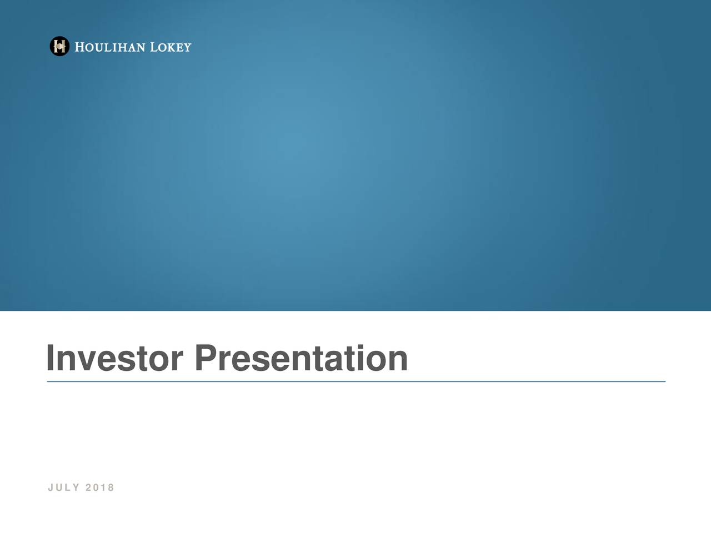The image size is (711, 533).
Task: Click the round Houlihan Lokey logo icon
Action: [59, 46]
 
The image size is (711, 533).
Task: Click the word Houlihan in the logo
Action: [110, 47]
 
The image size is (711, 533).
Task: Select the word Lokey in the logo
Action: [171, 47]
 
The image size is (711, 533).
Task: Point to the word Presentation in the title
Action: [301, 358]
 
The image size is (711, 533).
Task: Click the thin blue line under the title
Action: [356, 381]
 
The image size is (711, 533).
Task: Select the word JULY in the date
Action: [63, 487]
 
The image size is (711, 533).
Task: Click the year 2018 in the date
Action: [100, 487]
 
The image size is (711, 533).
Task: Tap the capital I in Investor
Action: [50, 358]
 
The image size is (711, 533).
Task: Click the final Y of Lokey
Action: [188, 48]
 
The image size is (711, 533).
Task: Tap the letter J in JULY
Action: [51, 487]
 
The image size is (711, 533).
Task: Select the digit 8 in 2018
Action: [111, 487]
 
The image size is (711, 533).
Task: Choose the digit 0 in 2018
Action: [96, 487]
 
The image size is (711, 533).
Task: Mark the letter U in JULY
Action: [59, 487]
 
